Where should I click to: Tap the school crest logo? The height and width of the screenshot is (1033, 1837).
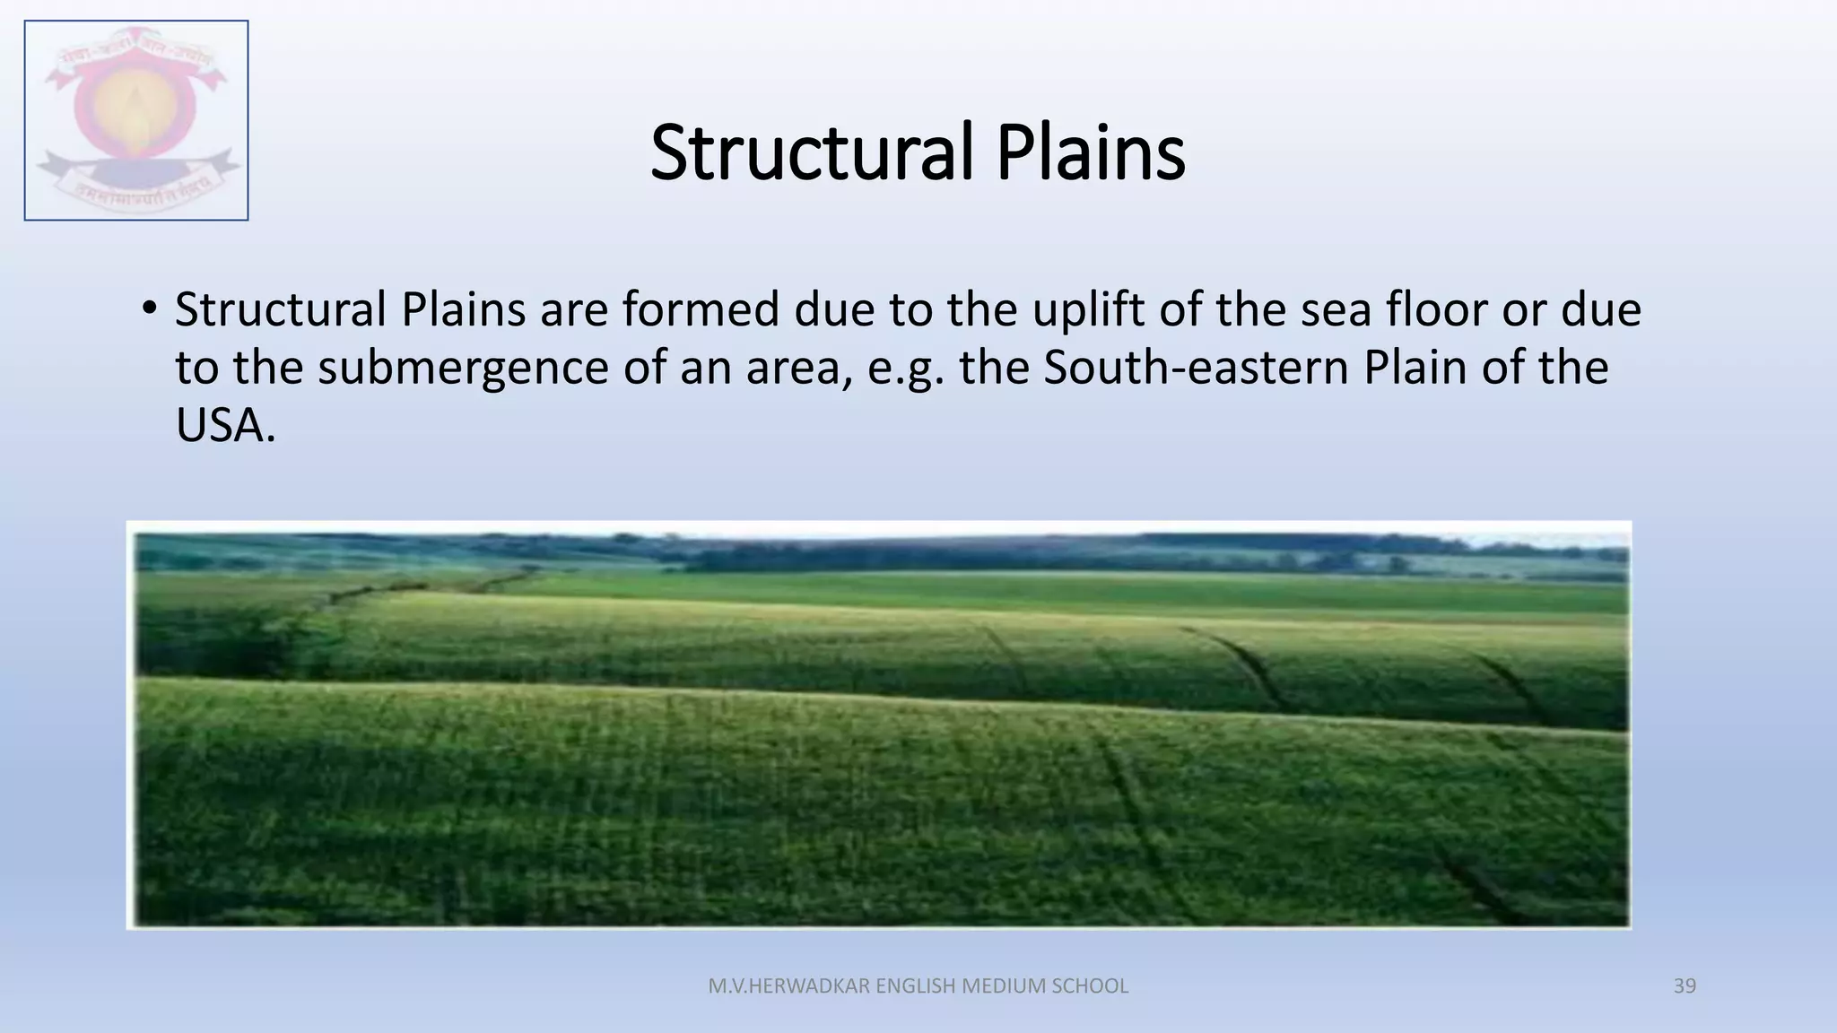click(x=136, y=120)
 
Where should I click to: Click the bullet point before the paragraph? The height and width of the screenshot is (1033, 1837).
click(x=149, y=309)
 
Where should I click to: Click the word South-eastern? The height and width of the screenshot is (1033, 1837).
click(x=1196, y=368)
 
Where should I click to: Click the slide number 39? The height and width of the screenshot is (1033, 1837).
click(x=1685, y=986)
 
